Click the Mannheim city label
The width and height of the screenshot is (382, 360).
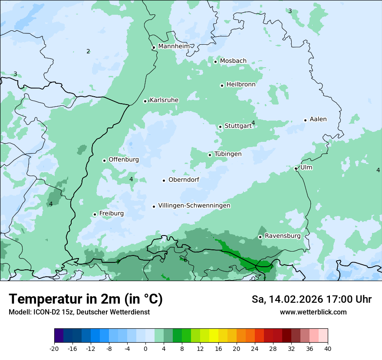174,46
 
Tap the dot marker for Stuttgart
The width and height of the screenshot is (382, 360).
221,127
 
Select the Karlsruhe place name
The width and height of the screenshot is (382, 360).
164,100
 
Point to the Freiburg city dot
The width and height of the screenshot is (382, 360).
95,214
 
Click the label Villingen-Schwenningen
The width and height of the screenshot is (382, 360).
194,206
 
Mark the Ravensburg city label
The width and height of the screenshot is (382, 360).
283,236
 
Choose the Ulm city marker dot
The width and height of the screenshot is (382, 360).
296,169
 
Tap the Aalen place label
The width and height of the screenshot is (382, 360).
318,119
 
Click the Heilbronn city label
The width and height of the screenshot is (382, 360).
241,85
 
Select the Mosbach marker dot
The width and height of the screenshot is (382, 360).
215,62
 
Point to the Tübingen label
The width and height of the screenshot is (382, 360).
228,154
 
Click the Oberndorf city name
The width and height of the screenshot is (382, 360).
184,180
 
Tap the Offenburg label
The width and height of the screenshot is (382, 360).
124,160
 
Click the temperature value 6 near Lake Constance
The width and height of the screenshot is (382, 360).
185,260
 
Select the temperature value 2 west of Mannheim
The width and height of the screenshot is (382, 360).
88,51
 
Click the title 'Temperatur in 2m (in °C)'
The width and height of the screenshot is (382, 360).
86,299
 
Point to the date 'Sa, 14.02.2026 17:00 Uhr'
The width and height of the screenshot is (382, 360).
311,299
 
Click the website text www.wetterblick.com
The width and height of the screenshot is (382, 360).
313,312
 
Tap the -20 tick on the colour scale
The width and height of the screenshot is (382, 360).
54,348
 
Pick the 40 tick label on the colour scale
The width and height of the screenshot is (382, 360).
327,348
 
